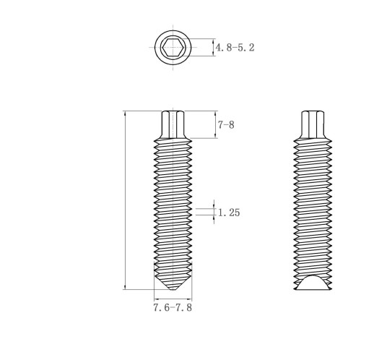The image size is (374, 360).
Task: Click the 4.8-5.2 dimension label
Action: [x=235, y=48]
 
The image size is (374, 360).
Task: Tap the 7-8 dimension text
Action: [x=226, y=125]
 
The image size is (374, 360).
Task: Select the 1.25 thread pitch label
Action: [x=229, y=213]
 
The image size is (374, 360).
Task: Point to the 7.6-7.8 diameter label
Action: [x=173, y=307]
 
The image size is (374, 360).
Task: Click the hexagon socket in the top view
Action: [x=173, y=47]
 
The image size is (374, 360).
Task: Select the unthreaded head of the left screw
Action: [x=173, y=124]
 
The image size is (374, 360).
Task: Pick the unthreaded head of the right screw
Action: [x=313, y=125]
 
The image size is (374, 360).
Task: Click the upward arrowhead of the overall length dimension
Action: [x=125, y=113]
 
